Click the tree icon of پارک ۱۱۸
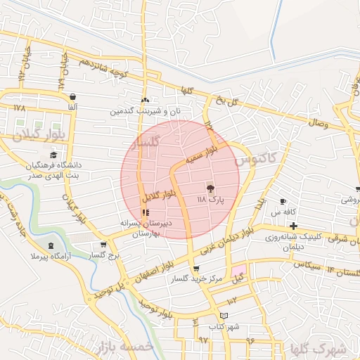click(210, 188)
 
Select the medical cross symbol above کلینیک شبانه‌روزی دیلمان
click(292, 226)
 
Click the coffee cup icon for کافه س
click(283, 202)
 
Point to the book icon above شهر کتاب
click(224, 316)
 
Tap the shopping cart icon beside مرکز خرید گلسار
click(195, 268)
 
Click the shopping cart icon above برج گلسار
click(103, 245)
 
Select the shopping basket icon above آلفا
click(73, 96)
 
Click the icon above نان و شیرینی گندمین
click(145, 100)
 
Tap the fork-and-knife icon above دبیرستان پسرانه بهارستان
click(145, 212)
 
